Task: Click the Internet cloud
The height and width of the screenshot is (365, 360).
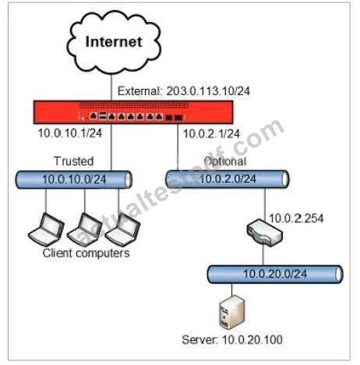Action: (x=114, y=42)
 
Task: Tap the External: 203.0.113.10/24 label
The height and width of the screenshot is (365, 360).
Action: (x=184, y=91)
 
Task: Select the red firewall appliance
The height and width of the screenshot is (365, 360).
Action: (x=133, y=112)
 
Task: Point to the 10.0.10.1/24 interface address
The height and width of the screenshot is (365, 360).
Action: (x=70, y=133)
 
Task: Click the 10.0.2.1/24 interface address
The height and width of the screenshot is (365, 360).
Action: (x=211, y=134)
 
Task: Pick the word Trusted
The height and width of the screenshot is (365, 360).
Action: (x=74, y=161)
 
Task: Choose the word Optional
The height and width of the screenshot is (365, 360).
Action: (x=225, y=161)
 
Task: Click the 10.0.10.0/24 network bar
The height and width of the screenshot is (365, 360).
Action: (x=74, y=179)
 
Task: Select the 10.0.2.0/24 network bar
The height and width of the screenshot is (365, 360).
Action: (x=228, y=179)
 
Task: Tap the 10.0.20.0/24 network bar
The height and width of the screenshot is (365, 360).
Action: (x=275, y=275)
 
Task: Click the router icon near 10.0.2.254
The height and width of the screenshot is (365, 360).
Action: (x=264, y=233)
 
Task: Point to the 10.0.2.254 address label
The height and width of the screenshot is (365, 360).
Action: (x=296, y=218)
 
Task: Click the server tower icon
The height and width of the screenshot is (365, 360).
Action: (x=232, y=313)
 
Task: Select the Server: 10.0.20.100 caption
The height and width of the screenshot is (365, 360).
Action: (x=232, y=340)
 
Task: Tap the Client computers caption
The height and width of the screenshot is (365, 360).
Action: (x=86, y=253)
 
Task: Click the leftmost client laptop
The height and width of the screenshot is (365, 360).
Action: (x=46, y=229)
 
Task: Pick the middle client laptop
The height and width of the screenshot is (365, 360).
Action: (x=85, y=229)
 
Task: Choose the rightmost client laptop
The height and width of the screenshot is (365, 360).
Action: (x=122, y=229)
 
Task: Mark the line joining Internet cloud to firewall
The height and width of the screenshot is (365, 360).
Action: (x=111, y=87)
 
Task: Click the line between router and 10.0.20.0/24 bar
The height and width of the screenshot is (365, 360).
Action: (x=263, y=256)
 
